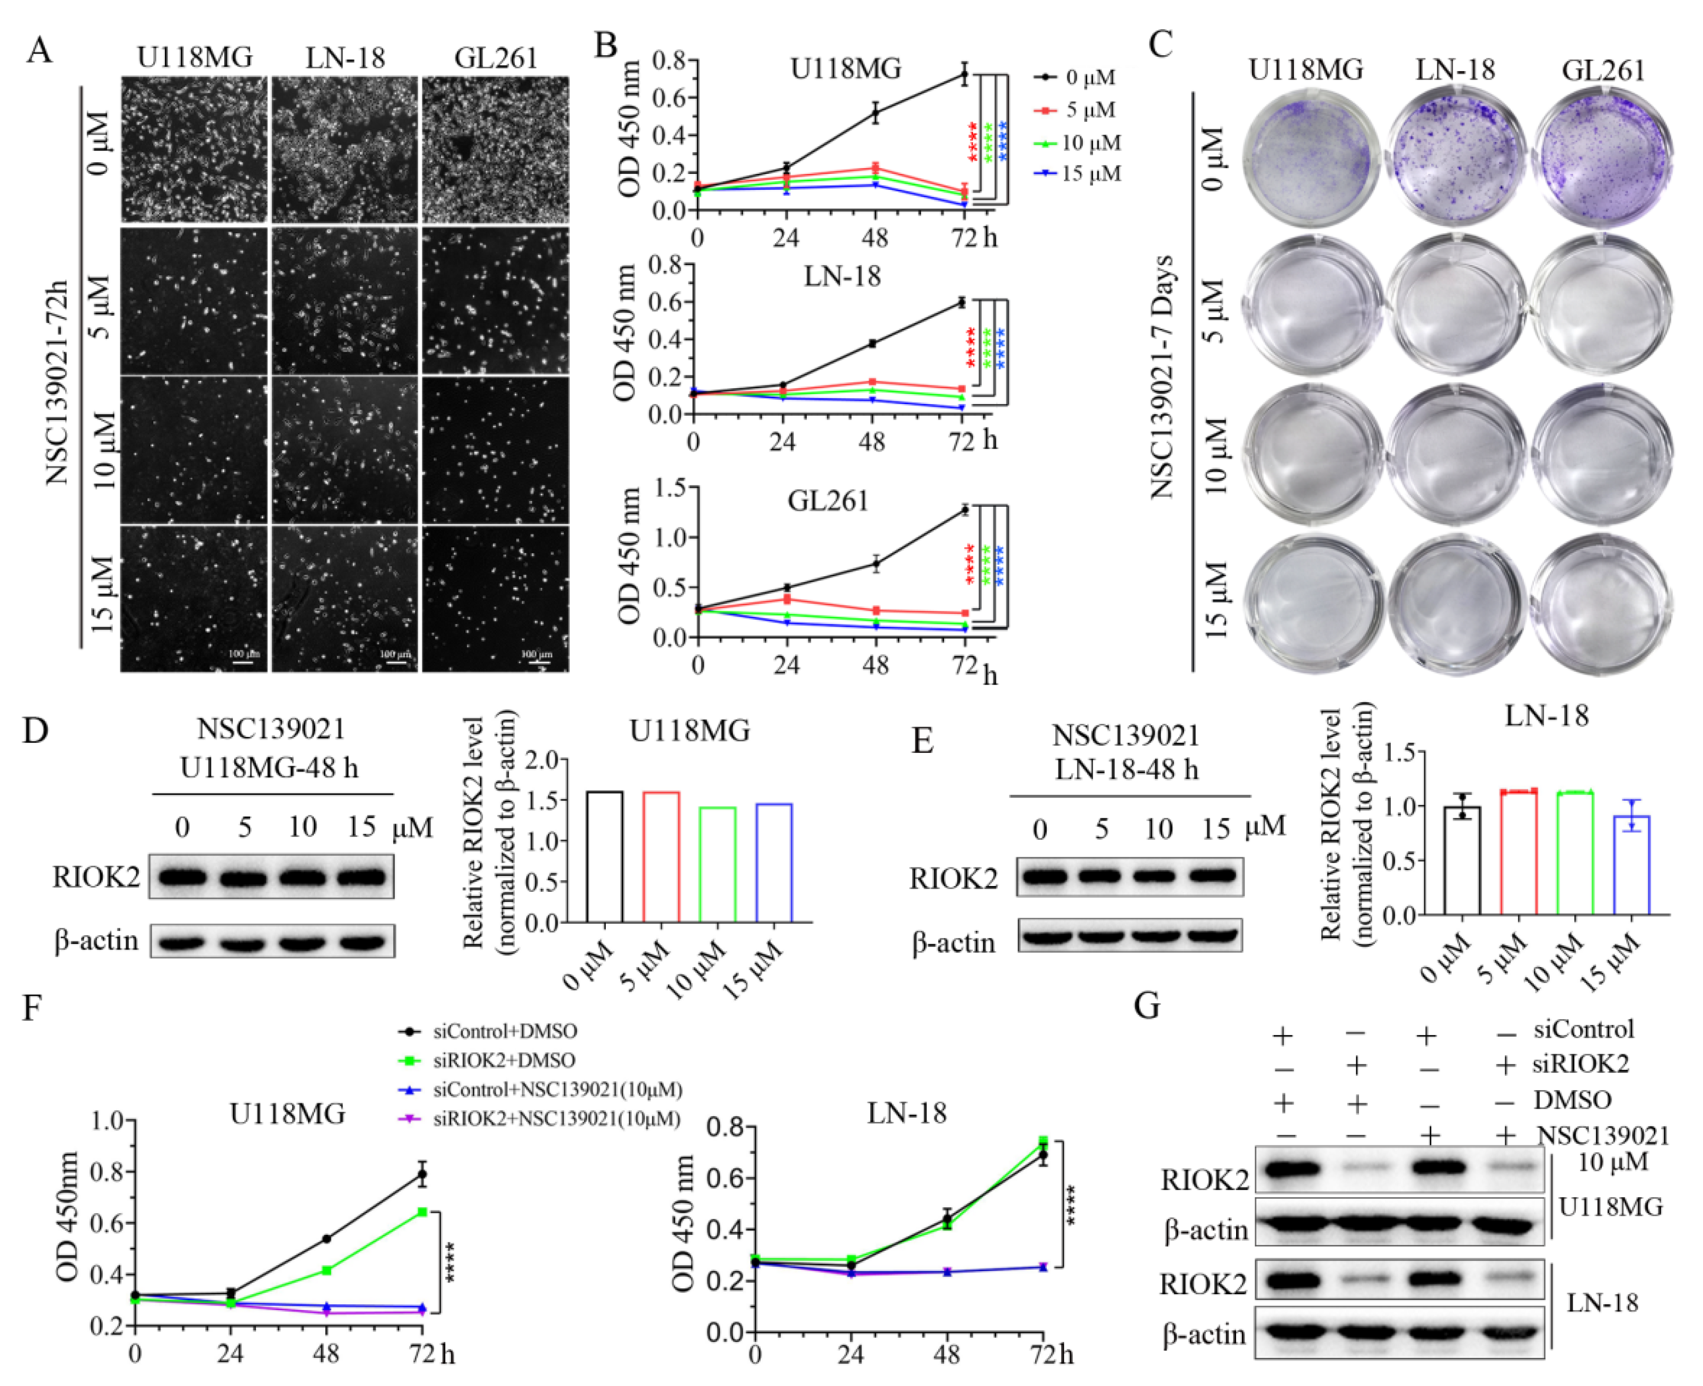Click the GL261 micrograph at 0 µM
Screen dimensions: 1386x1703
tap(496, 150)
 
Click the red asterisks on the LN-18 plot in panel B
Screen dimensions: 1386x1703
tap(971, 347)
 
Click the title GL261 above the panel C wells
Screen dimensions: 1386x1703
tap(1603, 71)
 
